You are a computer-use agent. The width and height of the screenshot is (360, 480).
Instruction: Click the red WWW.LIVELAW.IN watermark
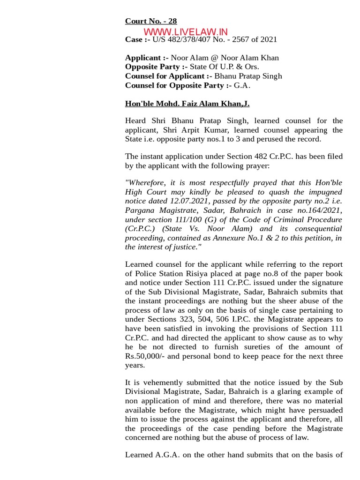(x=186, y=31)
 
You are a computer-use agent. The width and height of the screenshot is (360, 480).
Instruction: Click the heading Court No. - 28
(x=150, y=21)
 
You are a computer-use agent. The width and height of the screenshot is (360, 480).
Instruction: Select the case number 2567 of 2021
(x=254, y=39)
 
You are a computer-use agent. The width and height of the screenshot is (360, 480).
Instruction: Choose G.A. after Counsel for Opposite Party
(x=243, y=85)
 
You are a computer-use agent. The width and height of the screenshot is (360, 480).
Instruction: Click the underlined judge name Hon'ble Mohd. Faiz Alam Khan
(x=190, y=104)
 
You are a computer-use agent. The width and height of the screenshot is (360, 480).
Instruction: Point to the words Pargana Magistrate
(x=155, y=210)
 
